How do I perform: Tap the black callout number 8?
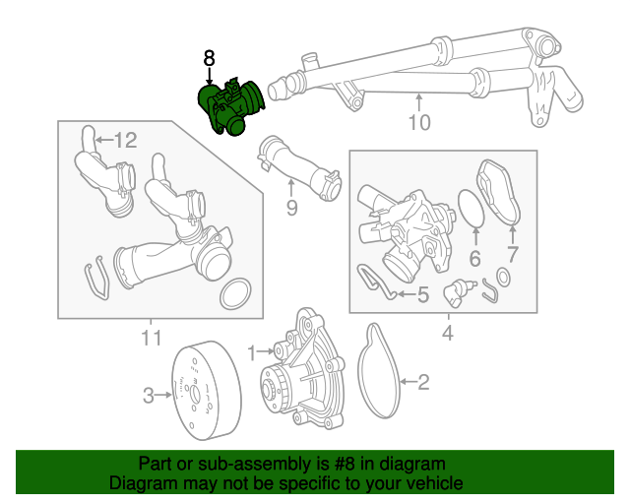tap(209, 59)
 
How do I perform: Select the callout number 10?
tap(419, 123)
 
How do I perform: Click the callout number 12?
tap(125, 141)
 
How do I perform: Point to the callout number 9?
tap(291, 207)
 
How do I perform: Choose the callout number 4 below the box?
tap(447, 334)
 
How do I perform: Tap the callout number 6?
tap(474, 259)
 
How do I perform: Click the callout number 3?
tap(149, 396)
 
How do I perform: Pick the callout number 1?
tap(252, 351)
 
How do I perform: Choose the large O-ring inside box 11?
tap(235, 292)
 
